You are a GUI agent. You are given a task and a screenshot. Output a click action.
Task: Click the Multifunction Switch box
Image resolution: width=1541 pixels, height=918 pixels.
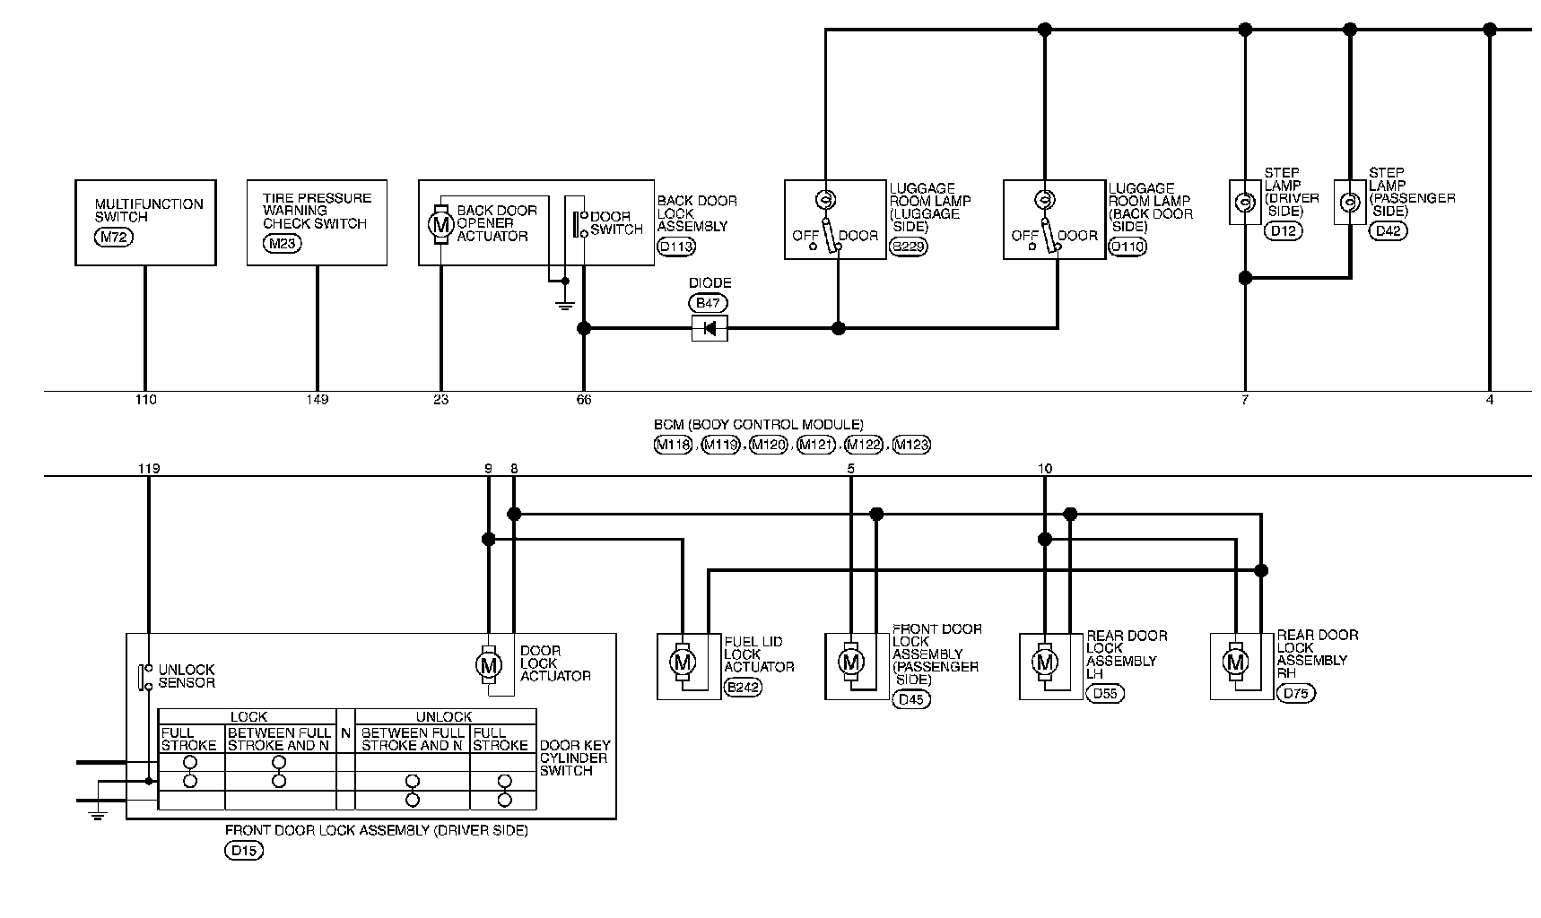(x=145, y=222)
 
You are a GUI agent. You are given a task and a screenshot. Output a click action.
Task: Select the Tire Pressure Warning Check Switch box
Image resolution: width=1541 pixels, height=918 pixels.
(x=317, y=222)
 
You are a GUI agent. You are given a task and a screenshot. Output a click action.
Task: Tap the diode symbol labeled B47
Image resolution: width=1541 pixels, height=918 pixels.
(x=710, y=329)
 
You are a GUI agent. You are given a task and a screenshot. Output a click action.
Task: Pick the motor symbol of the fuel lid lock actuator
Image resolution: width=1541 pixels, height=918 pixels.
(x=683, y=663)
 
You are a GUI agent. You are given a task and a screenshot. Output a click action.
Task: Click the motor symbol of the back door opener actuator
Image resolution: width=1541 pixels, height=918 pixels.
(x=440, y=224)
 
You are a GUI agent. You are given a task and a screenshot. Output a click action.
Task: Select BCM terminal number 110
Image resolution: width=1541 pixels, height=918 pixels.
(x=145, y=400)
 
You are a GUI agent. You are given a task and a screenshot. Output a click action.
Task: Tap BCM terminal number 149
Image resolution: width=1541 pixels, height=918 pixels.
(x=317, y=400)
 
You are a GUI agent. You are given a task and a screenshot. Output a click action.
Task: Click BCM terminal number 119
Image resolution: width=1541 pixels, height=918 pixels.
(x=149, y=468)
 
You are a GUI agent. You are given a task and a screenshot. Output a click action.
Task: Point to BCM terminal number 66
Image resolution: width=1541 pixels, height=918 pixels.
(x=584, y=400)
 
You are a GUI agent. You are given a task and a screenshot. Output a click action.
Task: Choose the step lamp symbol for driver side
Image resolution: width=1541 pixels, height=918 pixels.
(x=1244, y=203)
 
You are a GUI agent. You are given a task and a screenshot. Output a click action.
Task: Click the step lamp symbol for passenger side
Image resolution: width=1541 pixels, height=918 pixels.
(x=1349, y=203)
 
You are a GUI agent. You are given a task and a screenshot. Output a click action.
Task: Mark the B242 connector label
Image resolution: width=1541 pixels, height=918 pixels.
(x=743, y=688)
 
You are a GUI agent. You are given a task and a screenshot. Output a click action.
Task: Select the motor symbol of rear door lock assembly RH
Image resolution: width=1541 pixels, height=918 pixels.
(x=1236, y=663)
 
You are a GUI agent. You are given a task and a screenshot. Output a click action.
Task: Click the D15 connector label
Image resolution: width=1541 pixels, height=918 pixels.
(x=243, y=852)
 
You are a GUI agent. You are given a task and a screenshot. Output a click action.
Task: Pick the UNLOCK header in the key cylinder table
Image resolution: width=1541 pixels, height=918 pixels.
(x=445, y=717)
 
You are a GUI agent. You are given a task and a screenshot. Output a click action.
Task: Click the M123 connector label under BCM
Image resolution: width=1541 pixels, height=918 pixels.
(x=912, y=445)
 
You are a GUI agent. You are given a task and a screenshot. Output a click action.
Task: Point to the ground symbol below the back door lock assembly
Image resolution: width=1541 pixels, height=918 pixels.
(x=564, y=305)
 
